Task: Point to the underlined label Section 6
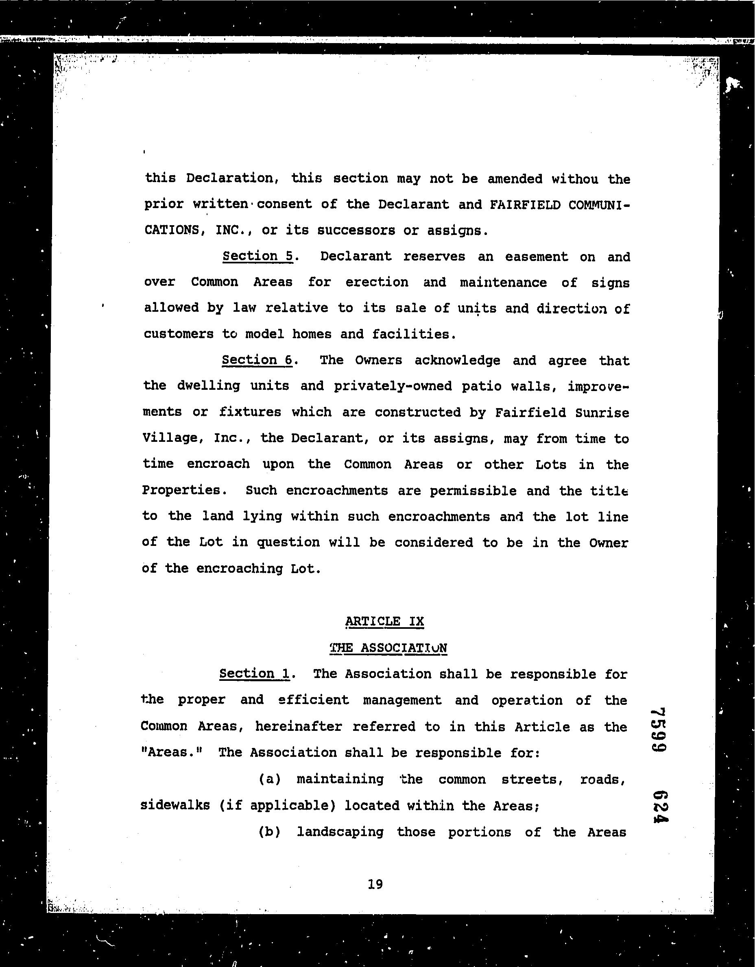257,360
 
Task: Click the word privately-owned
393,386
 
